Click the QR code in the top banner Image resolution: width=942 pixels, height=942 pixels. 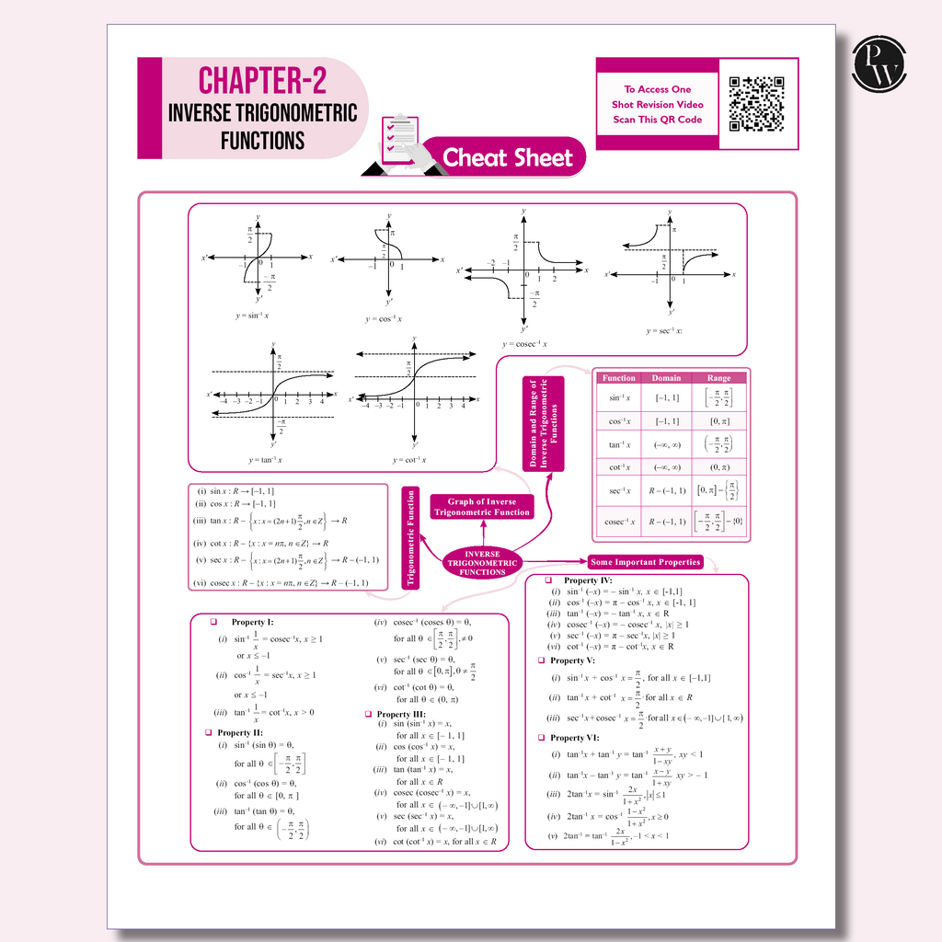click(757, 103)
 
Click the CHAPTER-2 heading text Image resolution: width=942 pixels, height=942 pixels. click(262, 81)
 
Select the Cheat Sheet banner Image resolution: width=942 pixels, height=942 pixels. click(508, 158)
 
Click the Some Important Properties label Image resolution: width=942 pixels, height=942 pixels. click(646, 562)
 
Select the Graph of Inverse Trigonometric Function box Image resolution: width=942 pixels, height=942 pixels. click(482, 507)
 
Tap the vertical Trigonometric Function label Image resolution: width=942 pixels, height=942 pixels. click(411, 537)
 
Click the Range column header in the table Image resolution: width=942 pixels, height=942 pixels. click(718, 378)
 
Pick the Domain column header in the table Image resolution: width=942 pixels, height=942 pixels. click(666, 378)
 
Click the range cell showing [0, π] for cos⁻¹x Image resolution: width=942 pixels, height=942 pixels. click(718, 420)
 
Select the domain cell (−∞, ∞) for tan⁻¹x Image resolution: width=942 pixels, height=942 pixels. click(666, 444)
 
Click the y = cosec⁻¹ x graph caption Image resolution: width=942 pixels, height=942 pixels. click(524, 344)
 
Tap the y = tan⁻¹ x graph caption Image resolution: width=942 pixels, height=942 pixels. click(265, 459)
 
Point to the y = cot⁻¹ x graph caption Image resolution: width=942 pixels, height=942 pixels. click(409, 460)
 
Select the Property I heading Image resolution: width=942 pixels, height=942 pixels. click(252, 623)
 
